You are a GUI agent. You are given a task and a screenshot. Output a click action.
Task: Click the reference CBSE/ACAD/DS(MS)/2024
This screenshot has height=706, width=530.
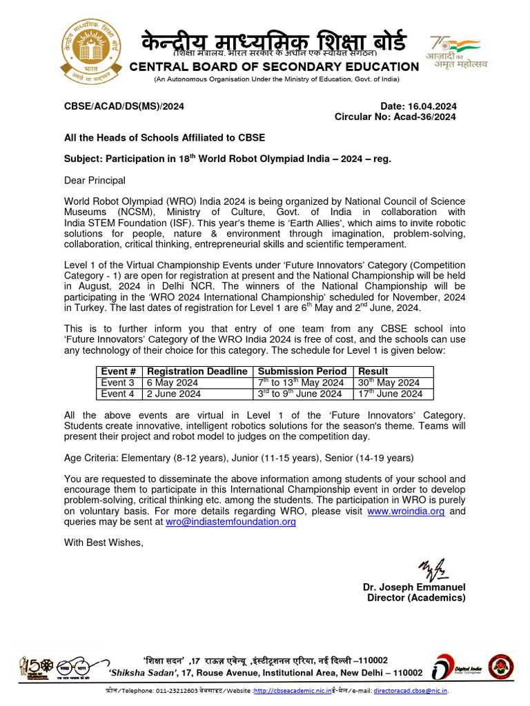[124, 106]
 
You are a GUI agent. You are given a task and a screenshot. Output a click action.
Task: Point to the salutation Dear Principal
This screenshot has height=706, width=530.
[95, 181]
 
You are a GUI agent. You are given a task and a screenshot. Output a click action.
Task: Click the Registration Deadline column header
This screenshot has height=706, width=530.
[197, 372]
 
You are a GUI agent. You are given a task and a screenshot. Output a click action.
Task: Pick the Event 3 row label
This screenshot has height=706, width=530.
[118, 383]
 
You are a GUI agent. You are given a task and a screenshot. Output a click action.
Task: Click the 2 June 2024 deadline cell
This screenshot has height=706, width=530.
[173, 394]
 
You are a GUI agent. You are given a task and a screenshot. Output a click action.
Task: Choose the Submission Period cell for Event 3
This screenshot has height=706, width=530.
[301, 383]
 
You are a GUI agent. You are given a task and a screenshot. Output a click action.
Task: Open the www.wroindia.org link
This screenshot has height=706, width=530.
[406, 512]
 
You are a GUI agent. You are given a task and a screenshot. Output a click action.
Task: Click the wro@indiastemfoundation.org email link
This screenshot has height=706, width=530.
[230, 523]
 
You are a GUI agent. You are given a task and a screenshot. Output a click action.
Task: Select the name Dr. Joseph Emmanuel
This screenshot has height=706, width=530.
[414, 587]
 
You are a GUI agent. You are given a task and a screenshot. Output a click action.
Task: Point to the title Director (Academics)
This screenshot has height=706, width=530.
[416, 598]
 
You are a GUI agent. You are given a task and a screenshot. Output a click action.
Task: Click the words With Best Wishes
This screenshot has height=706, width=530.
[104, 543]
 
